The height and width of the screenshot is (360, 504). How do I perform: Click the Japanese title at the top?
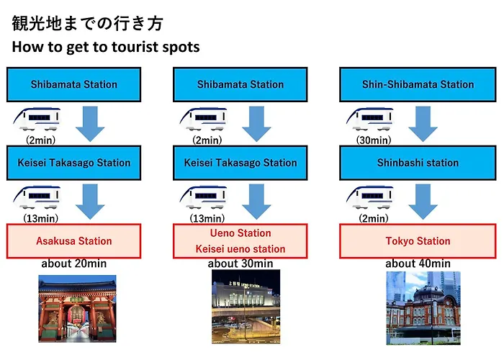coord(87,24)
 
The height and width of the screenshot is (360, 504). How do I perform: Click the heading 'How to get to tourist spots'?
coord(106,47)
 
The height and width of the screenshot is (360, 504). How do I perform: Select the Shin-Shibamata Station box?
coord(418,84)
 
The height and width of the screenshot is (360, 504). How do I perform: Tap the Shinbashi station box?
coord(418,163)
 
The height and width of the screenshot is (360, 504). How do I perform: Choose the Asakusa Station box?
coord(74,241)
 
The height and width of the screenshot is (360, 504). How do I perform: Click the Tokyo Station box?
coord(418,241)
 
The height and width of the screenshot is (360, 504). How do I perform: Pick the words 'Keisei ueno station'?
coord(240,249)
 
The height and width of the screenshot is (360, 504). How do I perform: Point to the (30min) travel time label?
coord(374,140)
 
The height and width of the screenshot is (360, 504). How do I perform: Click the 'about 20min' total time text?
coord(74,264)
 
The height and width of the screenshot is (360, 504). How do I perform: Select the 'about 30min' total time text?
coord(240,264)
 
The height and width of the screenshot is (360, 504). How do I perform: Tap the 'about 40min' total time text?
coord(418,264)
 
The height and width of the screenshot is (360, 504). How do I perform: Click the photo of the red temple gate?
coord(77,309)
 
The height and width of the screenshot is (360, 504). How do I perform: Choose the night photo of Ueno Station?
coord(246,307)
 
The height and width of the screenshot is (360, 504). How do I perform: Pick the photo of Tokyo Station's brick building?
coord(423,308)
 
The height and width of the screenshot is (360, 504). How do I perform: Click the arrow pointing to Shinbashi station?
coord(423,124)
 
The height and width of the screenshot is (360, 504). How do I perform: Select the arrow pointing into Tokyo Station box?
coord(423,202)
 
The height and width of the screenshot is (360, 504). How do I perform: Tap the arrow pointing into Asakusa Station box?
coord(90,202)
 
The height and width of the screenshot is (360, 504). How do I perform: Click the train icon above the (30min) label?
coord(370,119)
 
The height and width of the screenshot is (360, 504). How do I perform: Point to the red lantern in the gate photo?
coord(76,315)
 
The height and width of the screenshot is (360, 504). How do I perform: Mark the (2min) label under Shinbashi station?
coord(374,219)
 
